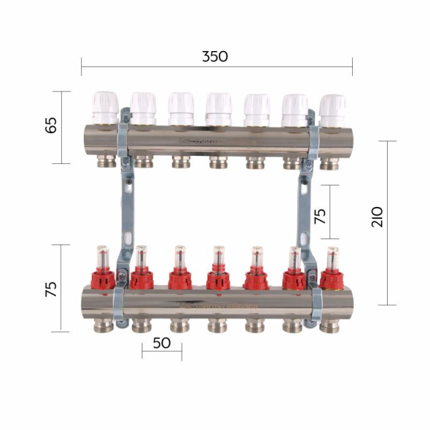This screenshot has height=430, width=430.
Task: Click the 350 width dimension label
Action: [x=215, y=56]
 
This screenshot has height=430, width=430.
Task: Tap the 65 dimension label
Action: [x=51, y=126]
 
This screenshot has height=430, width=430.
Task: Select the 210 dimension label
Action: [x=377, y=217]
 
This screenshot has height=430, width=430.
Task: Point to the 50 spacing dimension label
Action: [x=162, y=343]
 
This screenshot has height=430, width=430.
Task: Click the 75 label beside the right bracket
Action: [x=320, y=216]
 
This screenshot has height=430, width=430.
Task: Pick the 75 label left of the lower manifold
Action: [x=51, y=289]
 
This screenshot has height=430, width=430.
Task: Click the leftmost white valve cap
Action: [x=105, y=107]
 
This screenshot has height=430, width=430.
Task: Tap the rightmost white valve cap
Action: [x=333, y=111]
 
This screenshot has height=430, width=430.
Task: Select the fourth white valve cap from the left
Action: [x=219, y=110]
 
